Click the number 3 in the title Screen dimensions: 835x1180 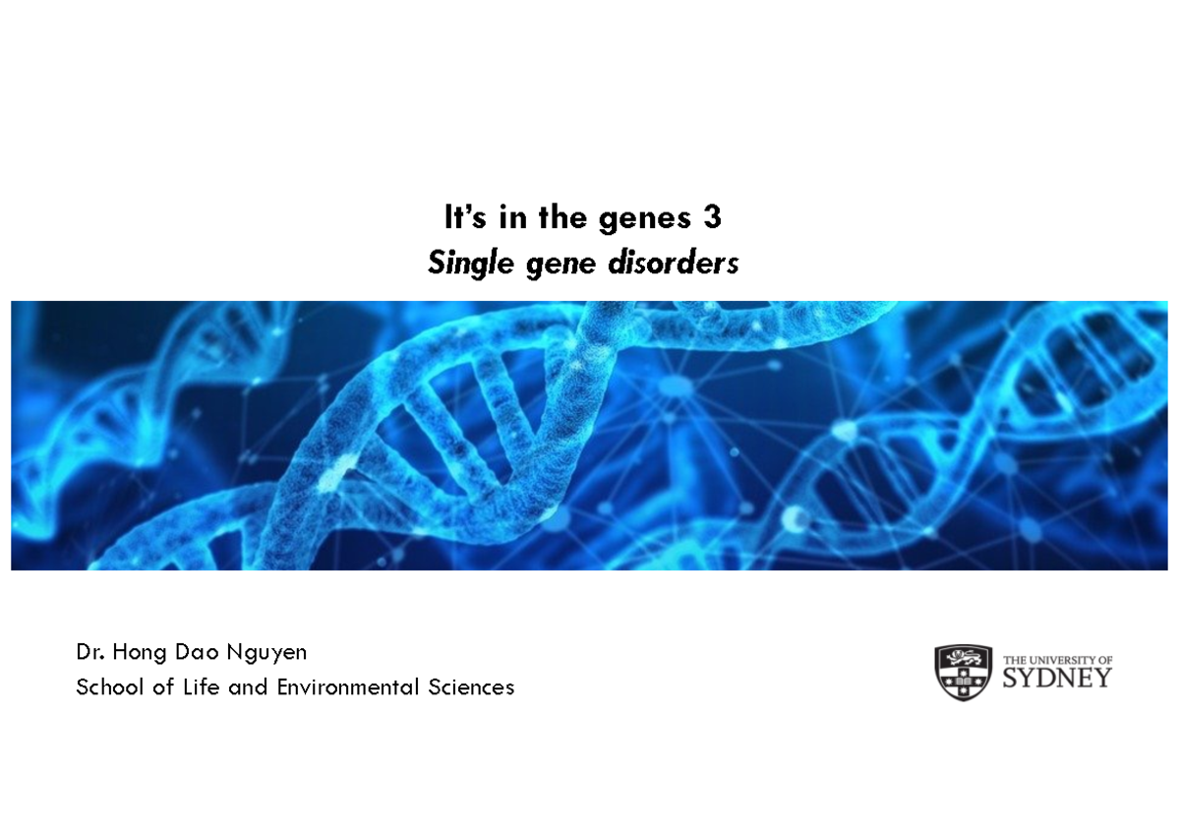click(x=713, y=218)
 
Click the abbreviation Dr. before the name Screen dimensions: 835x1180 click(x=90, y=652)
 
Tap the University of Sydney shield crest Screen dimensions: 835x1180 click(x=963, y=673)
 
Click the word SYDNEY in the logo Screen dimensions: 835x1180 click(x=1057, y=679)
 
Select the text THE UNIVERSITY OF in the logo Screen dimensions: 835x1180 click(x=1057, y=659)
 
